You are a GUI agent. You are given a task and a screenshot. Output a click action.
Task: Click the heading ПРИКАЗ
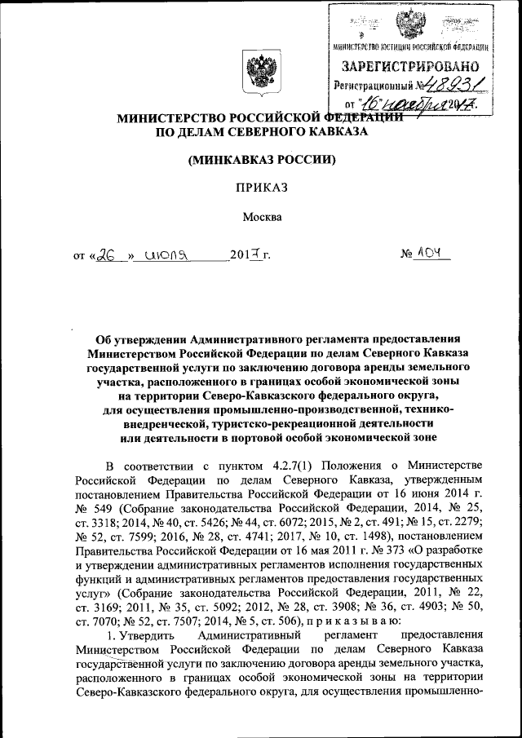click(261, 188)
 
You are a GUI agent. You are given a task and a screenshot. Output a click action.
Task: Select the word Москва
click(261, 218)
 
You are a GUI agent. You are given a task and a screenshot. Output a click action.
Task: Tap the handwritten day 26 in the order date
click(105, 254)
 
